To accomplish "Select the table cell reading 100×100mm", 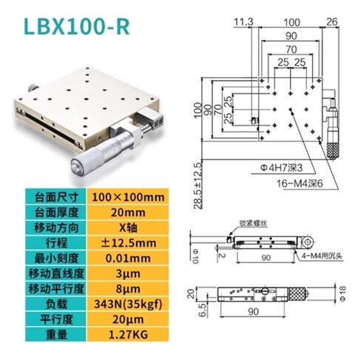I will pyautogui.click(x=127, y=197).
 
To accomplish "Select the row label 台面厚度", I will pyautogui.click(x=54, y=211).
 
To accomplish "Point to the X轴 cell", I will pyautogui.click(x=127, y=226).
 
